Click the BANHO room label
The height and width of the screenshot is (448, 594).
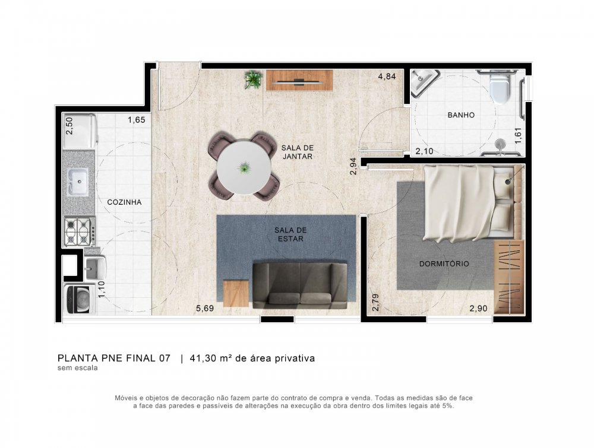461,115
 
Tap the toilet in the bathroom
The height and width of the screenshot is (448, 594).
500,88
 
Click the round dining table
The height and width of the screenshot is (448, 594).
244,168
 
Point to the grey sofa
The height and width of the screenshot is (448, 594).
300,285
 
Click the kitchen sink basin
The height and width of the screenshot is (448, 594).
77,180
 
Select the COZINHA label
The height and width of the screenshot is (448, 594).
124,202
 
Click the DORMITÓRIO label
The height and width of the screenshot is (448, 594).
444,263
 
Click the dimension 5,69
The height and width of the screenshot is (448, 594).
205,309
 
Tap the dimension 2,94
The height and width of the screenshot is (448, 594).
354,166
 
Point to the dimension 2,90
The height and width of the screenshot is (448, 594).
478,309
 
